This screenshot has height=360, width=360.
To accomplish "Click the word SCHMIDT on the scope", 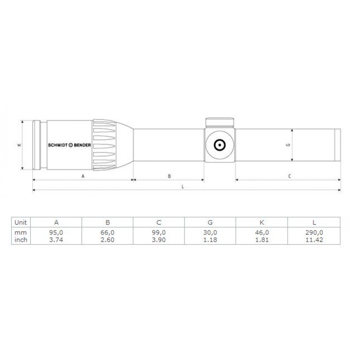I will [57, 145].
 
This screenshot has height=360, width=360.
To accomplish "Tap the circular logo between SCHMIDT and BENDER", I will [70, 145].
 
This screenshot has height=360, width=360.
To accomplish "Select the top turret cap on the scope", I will [220, 122].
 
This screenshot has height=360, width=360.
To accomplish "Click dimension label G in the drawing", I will [287, 145].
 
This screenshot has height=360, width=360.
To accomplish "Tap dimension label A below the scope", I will [83, 176].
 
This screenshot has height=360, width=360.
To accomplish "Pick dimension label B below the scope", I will [169, 176].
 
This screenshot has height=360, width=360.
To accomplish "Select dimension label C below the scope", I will [289, 176].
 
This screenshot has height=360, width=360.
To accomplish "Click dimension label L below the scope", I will [182, 186].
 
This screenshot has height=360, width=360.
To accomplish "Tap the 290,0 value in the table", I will [315, 233].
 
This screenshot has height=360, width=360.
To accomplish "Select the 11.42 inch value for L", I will [315, 240].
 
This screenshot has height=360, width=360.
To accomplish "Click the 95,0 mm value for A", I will [56, 233].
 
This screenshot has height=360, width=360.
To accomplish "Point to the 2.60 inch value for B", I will [108, 240].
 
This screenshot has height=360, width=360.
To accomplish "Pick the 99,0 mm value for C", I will [159, 233].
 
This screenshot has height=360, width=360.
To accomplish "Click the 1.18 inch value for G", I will [211, 240].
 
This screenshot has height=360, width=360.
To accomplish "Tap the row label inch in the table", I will [20, 240].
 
